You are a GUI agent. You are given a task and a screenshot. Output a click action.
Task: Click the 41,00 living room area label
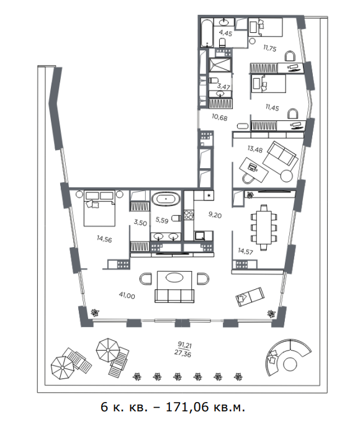point(127,295)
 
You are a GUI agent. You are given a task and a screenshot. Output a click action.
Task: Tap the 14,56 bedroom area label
point(104,239)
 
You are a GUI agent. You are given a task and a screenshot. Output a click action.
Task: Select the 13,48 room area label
point(255,149)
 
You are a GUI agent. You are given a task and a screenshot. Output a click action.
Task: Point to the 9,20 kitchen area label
point(215,215)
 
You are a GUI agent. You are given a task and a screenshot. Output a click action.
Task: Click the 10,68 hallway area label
point(220,117)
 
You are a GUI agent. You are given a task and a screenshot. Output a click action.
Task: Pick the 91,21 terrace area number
point(184,345)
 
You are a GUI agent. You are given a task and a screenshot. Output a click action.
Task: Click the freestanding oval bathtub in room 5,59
point(166,199)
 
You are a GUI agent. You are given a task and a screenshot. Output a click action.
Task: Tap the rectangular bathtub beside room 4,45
point(207,32)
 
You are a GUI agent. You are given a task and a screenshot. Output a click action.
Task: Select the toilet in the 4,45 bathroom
point(222,43)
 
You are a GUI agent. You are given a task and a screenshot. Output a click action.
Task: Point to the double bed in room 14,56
point(99,208)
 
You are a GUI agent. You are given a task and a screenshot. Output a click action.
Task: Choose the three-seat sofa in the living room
point(174,295)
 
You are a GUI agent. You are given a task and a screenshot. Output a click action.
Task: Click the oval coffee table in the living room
point(175,277)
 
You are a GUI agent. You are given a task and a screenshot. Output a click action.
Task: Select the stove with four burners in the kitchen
point(189,215)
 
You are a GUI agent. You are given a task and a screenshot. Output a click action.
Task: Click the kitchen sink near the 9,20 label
point(200,236)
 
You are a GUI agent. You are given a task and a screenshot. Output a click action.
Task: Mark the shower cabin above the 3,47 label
point(220,65)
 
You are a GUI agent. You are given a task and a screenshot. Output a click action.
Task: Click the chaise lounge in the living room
point(250,297)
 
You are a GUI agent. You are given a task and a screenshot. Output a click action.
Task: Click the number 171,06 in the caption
point(187,406)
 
